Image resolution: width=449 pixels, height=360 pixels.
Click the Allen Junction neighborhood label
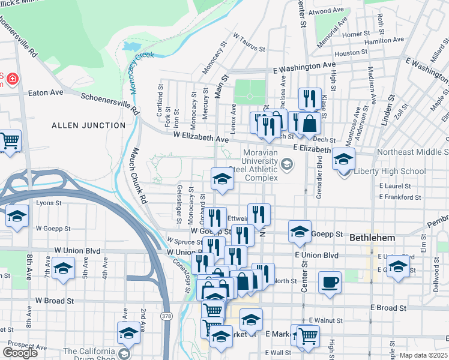[x=89, y=125]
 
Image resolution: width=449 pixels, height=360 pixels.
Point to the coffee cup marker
[x=329, y=282]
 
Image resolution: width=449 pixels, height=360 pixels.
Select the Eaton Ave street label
[x=46, y=93]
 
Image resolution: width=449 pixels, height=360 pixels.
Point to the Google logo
[x=20, y=353]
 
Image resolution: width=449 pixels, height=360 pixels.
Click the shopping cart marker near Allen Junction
[x=10, y=142]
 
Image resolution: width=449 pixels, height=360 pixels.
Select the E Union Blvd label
[x=316, y=255]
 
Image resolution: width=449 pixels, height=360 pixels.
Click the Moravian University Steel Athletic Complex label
[x=261, y=165]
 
